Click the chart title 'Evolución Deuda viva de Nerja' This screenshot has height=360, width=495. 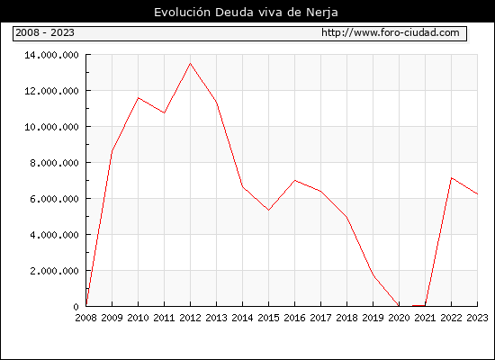246,13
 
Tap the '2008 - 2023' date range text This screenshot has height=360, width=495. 45,32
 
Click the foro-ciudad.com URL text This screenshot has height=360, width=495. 391,32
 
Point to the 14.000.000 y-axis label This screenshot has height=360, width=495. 52,55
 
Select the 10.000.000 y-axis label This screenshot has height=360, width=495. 52,127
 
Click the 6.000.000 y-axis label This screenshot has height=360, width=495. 54,199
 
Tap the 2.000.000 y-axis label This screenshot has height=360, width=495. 54,271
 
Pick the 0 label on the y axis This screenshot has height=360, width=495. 76,307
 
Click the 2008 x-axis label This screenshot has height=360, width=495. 85,318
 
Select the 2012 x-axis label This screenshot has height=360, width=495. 191,318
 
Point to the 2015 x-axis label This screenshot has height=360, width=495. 269,318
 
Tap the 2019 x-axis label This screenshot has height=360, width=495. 373,318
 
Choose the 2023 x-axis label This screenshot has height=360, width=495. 477,318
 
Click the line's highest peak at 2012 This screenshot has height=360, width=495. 191,64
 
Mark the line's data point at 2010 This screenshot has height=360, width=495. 139,98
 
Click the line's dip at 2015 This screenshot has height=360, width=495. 269,210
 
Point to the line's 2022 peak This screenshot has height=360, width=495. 452,178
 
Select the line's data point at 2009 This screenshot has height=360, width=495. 112,151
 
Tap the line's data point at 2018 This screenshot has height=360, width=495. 346,217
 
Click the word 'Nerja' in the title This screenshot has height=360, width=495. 322,13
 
